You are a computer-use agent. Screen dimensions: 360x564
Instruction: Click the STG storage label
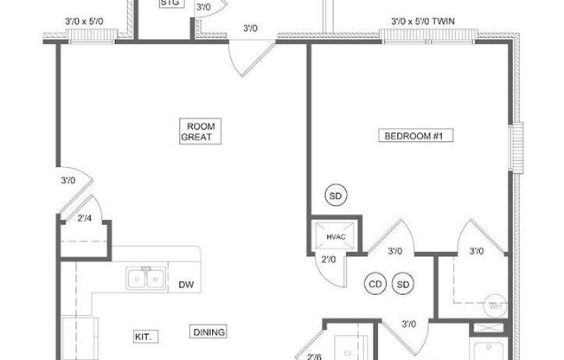(171, 3)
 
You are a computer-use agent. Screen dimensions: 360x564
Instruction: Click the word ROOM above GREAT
(200, 125)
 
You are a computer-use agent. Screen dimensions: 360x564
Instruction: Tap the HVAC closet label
(335, 237)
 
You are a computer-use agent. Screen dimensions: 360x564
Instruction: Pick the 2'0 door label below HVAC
(329, 259)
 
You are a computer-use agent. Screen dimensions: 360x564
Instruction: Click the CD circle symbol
(375, 283)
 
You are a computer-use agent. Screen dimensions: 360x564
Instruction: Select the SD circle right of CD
(403, 283)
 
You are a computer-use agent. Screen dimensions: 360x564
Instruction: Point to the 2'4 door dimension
(85, 218)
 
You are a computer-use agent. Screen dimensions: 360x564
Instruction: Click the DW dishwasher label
(185, 285)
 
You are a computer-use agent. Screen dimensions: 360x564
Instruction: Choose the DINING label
(209, 331)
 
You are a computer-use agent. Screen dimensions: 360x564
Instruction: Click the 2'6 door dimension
(314, 355)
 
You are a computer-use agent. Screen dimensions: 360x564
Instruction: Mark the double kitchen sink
(146, 279)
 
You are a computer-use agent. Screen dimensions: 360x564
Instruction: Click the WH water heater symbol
(496, 305)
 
